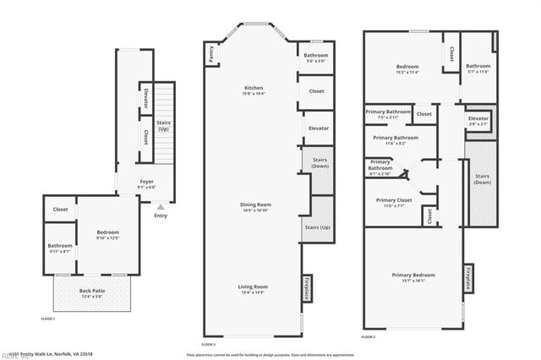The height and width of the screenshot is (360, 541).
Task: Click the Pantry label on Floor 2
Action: [210, 53]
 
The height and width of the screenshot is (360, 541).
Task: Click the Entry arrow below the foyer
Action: [161, 206]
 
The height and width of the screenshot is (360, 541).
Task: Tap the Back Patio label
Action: [91, 292]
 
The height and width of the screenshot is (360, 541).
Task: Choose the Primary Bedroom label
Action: [413, 277]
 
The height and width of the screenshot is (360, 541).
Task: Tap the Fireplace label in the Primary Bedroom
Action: [467, 279]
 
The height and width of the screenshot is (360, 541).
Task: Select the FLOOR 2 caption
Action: [208, 345]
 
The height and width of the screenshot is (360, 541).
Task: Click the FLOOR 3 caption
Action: [369, 337]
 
